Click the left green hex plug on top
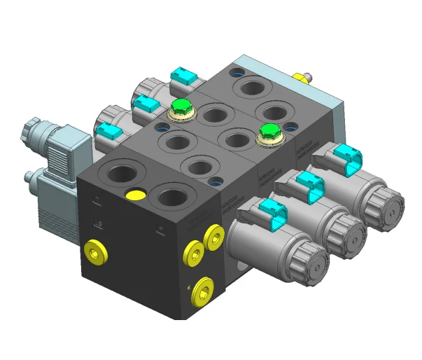tap(181, 107)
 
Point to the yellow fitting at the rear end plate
tap(302, 76)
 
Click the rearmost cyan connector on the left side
tap(183, 76)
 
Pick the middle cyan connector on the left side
tap(146, 104)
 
